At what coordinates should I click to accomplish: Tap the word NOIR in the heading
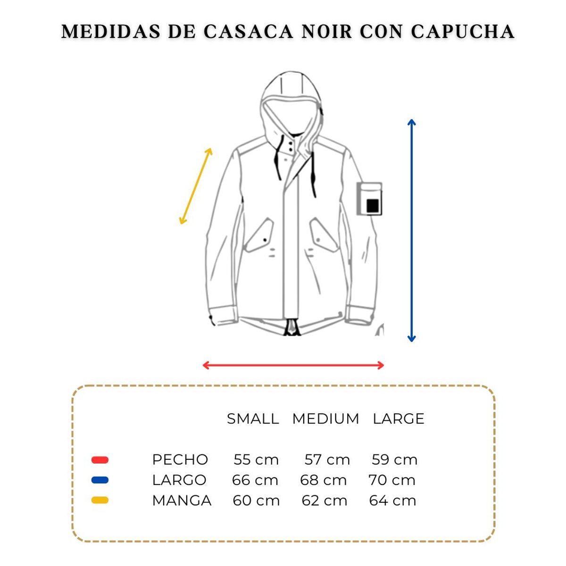pos(327,32)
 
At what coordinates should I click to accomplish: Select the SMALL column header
pos(252,418)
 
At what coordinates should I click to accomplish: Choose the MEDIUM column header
pos(325,418)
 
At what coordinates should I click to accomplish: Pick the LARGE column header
pos(399,418)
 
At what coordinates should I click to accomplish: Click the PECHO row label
pos(180,459)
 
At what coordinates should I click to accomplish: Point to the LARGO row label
pos(179,480)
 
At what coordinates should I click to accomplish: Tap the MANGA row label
pos(182,500)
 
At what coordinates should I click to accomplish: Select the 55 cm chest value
pos(256,459)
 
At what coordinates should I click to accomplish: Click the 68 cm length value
pos(324,480)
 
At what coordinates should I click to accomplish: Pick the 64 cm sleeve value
pos(392,500)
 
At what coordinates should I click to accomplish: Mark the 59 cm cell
pos(394,459)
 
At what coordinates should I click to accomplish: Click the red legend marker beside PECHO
pos(100,460)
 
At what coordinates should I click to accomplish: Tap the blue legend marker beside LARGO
pos(100,480)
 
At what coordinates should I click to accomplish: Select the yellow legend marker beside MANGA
pos(100,500)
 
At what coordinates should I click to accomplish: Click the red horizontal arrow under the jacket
pos(293,365)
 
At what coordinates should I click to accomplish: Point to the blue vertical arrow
pos(412,231)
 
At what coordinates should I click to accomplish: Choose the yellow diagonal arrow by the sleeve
pos(196,186)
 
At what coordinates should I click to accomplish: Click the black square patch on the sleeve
pos(373,206)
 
